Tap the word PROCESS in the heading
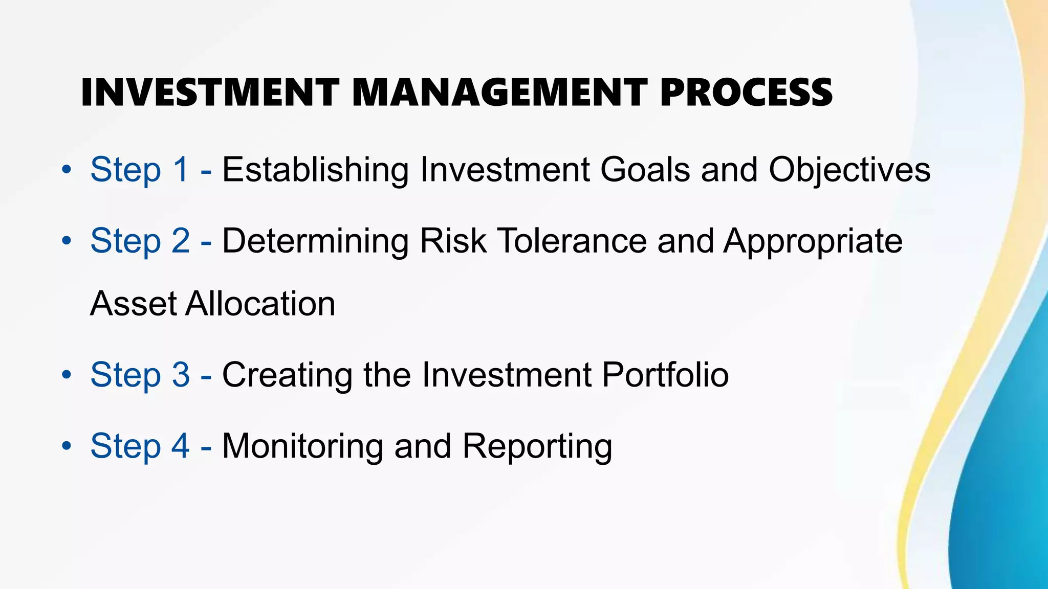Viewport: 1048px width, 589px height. point(746,93)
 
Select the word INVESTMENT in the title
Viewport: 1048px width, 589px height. point(210,93)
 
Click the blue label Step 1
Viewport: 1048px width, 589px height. point(140,170)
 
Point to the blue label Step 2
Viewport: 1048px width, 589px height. point(140,241)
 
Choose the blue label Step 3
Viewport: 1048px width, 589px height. point(140,375)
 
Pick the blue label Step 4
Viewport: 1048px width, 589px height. point(140,446)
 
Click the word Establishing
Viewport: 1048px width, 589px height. point(315,170)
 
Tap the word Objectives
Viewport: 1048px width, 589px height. point(849,170)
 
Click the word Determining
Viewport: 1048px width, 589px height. point(315,241)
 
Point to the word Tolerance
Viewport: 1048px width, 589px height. point(572,241)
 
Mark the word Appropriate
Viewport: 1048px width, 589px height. point(813,242)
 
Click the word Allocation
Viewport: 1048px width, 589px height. point(260,304)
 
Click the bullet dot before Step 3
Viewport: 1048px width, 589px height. point(66,375)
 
